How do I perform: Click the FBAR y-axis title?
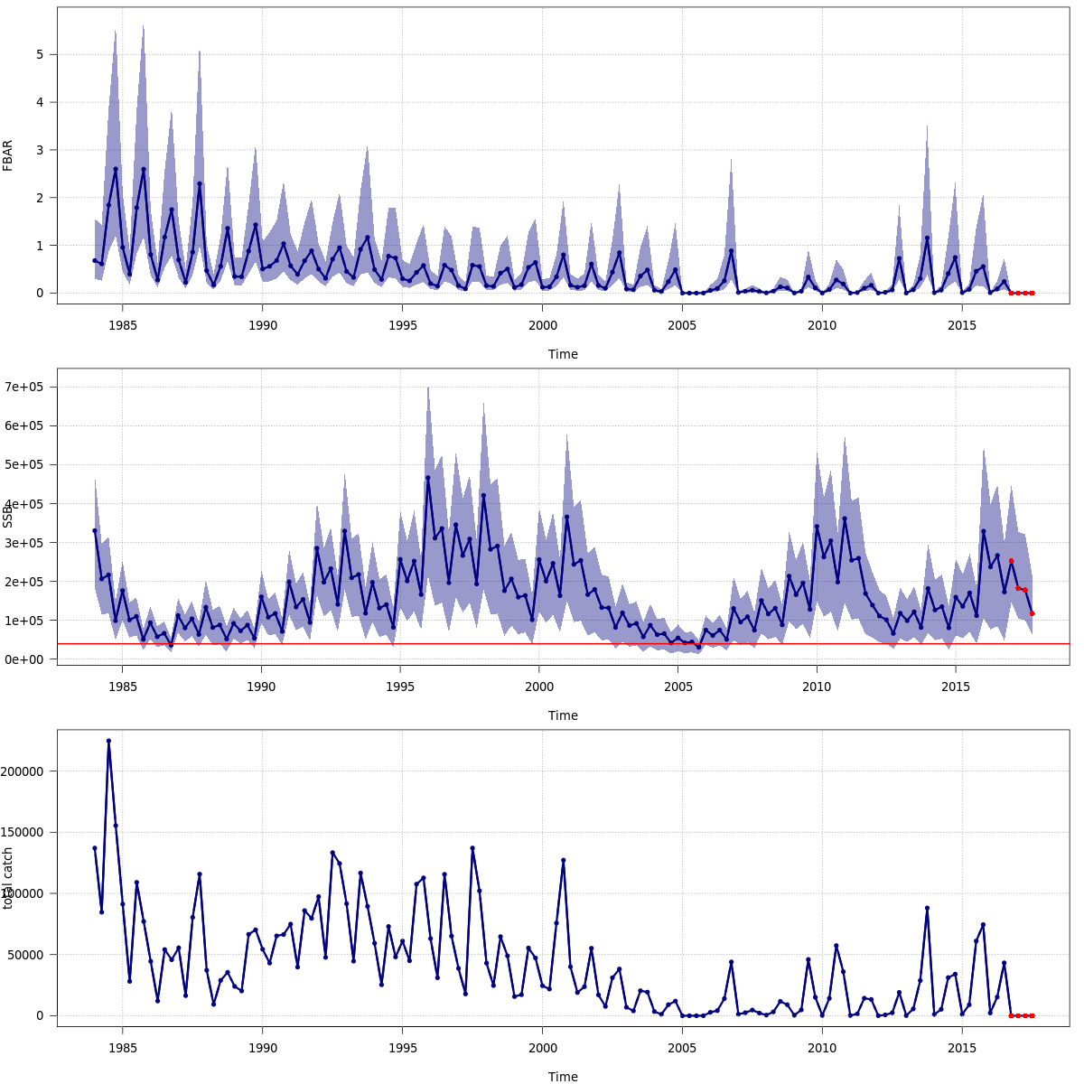(x=8, y=155)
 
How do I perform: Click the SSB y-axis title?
(x=8, y=516)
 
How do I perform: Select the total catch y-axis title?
(x=8, y=877)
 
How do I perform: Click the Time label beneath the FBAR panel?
(x=563, y=354)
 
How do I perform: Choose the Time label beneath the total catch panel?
(x=563, y=1077)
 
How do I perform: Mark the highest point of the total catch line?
(x=108, y=741)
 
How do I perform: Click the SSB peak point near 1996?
(x=428, y=478)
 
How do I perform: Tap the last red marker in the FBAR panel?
(x=1033, y=293)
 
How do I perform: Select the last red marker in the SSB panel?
(x=1033, y=613)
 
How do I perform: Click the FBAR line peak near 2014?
(x=927, y=238)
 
